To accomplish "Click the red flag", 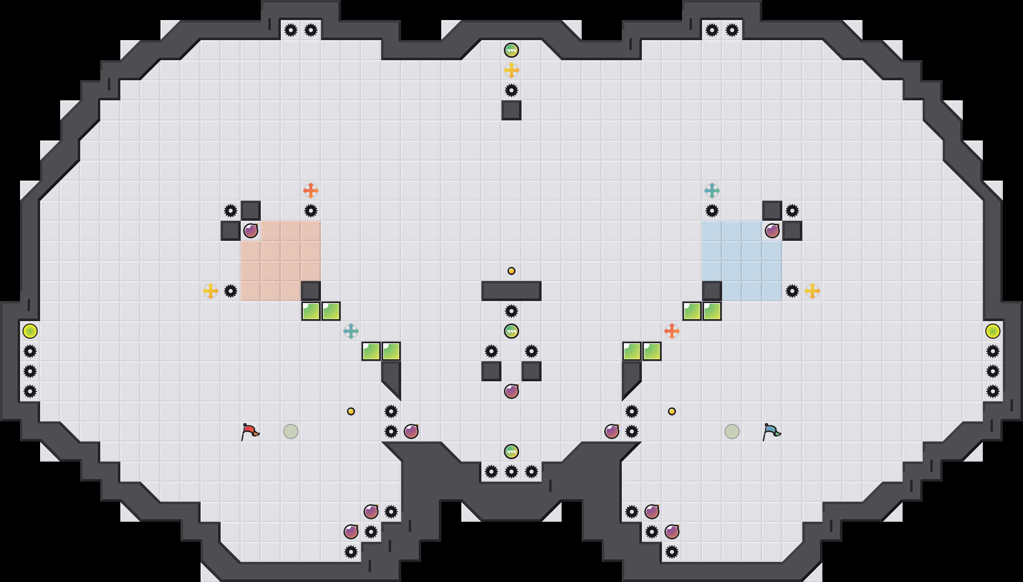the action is pos(249,431).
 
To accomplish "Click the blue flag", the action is pos(771,431).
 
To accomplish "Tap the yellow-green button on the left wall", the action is pos(30,331).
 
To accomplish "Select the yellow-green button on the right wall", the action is pos(993,331).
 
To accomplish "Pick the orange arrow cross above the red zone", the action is pos(311,191).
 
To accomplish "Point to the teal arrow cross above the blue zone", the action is pos(712,191).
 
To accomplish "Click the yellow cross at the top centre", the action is pos(511,70).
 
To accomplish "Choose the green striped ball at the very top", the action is pos(511,50).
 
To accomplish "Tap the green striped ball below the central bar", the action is pos(511,331).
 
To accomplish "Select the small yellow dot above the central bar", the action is pos(511,271).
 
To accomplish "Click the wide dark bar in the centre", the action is pos(511,291).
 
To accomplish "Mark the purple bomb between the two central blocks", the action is pos(511,391).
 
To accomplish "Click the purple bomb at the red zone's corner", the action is pos(251,231).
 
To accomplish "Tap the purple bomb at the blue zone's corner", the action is pos(772,231).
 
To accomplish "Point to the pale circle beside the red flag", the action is pos(291,431).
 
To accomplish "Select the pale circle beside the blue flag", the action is pos(732,431).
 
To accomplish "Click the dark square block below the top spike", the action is pos(511,110).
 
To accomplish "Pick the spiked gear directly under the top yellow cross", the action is pos(511,90).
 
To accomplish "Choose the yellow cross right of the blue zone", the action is pos(812,291).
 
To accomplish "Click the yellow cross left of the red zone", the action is pos(211,291).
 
